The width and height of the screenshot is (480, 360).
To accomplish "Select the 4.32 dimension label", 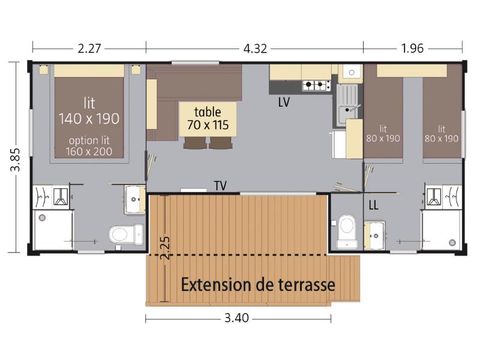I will (x=257, y=44).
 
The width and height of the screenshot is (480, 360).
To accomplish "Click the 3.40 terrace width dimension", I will (x=237, y=320).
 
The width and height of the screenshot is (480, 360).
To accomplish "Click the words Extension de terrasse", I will (x=257, y=284).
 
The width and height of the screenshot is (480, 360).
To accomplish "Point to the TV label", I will (x=219, y=185).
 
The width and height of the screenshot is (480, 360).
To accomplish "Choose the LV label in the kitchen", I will (x=284, y=102).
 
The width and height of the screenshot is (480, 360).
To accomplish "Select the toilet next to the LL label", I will (x=346, y=228).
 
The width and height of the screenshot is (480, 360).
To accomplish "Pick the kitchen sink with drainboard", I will (x=348, y=100).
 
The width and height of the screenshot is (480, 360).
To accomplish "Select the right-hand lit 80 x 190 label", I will (x=440, y=133).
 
